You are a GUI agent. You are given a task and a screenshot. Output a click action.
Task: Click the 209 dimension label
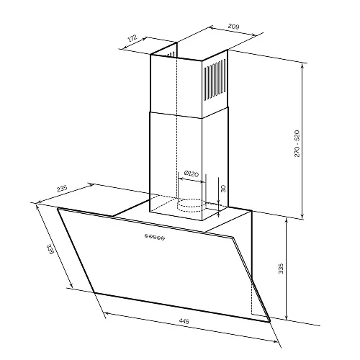tap(233, 26)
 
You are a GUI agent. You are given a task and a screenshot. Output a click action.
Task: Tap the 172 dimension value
tap(132, 38)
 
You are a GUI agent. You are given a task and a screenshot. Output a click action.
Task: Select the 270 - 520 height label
tap(297, 143)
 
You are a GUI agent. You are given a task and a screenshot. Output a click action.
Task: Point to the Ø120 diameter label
tap(192, 174)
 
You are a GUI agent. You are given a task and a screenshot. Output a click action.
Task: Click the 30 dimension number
tap(223, 189)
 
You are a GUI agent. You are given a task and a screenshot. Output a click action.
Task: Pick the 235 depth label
tap(62, 189)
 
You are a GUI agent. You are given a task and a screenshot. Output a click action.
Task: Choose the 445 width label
tap(184, 321)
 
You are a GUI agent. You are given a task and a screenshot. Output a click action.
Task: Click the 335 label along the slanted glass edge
tap(50, 249)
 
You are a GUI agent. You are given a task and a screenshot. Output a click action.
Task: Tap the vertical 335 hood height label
tap(281, 269)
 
